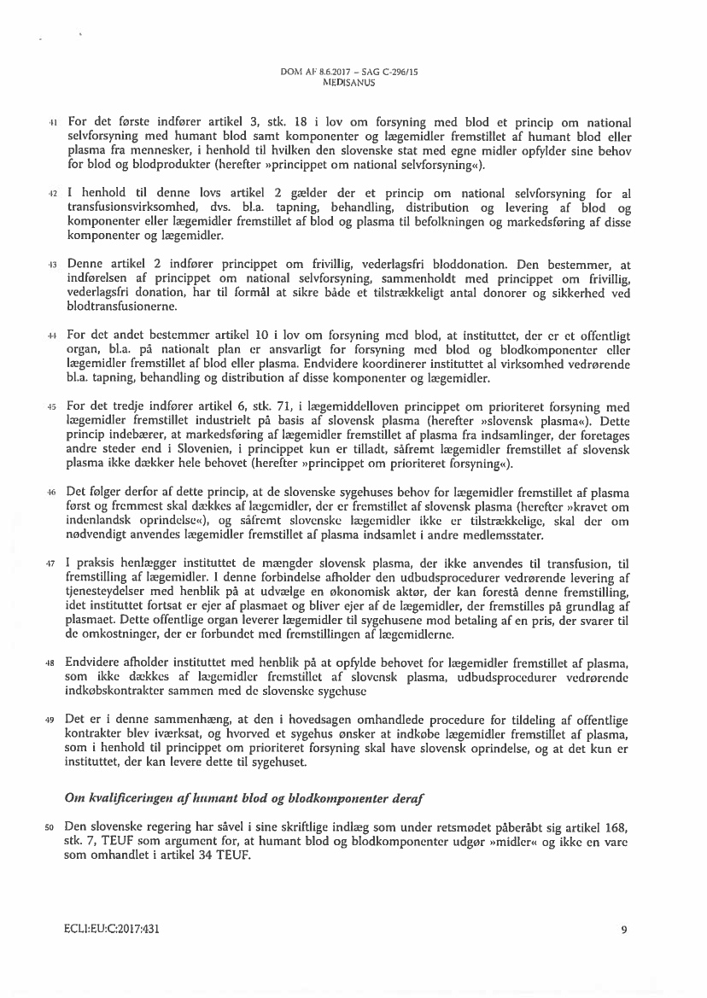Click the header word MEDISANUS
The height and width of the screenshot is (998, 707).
(x=352, y=84)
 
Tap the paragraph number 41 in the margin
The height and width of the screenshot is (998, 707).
(x=51, y=123)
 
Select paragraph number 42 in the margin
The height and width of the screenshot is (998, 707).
(x=51, y=196)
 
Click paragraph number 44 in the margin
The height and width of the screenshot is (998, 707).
(x=51, y=336)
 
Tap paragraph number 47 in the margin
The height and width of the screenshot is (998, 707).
(x=51, y=565)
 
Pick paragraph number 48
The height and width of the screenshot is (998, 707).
(x=51, y=661)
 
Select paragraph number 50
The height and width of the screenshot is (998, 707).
(x=51, y=827)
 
